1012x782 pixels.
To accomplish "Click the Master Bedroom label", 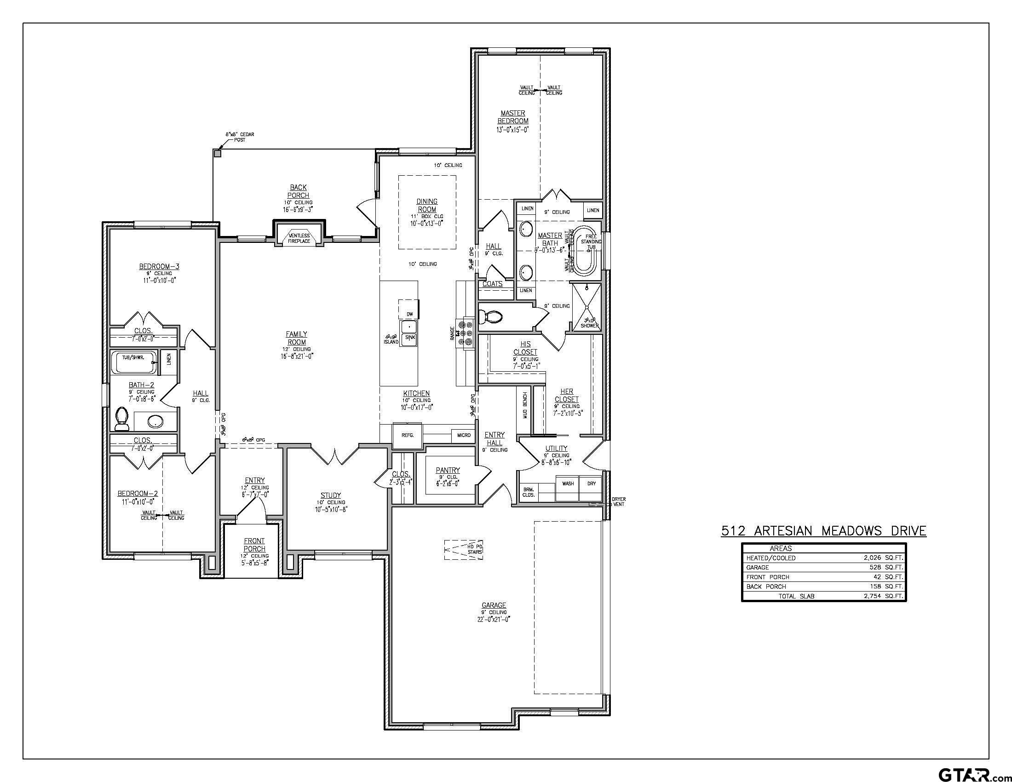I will (512, 117).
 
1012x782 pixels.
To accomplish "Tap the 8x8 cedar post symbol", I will (217, 153).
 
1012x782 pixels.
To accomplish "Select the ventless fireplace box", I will (299, 238).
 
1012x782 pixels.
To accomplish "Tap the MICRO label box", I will (464, 435).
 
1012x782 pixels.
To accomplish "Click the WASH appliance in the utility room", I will (568, 483).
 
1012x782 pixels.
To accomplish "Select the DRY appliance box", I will (591, 483).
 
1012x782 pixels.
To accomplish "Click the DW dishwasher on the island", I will (409, 314).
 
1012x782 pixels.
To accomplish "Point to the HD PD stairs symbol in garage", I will (464, 550).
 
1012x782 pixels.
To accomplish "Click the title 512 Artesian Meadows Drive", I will (823, 531).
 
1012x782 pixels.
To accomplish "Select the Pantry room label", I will (448, 470).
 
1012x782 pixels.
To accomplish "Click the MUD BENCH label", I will (525, 406).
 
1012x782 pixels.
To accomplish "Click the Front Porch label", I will (254, 544).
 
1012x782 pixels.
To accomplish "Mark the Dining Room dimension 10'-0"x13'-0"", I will (426, 223).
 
